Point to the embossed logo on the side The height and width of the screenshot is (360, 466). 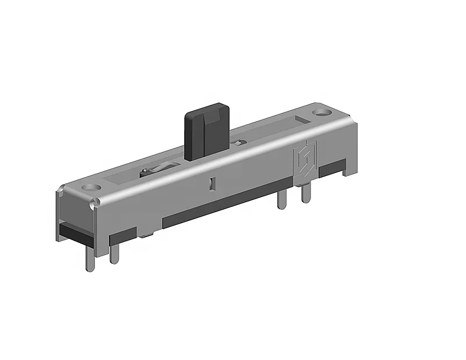(303, 161)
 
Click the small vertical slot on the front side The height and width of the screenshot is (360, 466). (212, 184)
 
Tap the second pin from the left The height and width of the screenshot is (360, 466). (115, 252)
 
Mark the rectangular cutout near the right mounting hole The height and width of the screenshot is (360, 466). (301, 120)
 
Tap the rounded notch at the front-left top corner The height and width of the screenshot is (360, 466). (93, 203)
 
